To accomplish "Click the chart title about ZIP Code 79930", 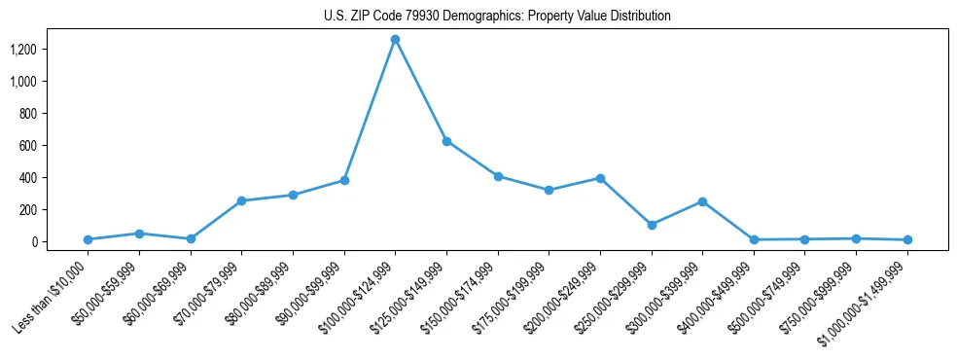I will click(x=497, y=17).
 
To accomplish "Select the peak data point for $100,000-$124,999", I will click(x=395, y=40).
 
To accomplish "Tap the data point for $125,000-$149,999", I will click(x=446, y=141).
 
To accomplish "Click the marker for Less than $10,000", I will click(x=88, y=239).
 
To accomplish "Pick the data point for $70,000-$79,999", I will click(x=241, y=200).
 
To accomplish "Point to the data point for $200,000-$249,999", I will click(x=600, y=178).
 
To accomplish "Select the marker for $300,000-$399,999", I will click(x=702, y=201).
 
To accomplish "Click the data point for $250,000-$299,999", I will click(x=652, y=225).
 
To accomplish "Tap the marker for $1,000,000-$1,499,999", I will click(x=907, y=239).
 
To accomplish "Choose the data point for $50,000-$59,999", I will click(x=139, y=234).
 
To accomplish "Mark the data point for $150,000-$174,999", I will click(x=498, y=176).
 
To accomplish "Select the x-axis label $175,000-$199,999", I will click(x=517, y=291).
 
